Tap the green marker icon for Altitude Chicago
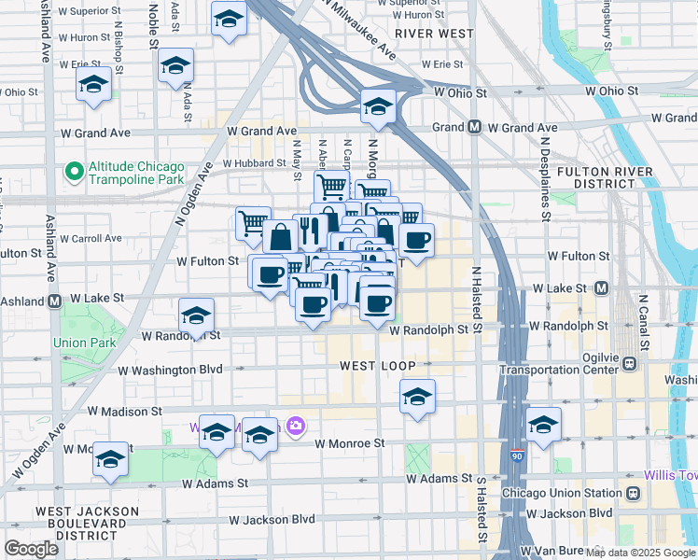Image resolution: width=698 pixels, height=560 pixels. coord(74,172)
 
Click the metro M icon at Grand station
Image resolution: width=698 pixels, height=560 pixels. coord(474,127)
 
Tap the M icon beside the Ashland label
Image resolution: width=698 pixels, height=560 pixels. coord(55,301)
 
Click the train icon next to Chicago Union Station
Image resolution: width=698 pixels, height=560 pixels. coord(633,492)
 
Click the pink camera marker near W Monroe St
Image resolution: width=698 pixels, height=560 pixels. coord(296,427)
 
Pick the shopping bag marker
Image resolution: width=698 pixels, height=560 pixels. coord(280,237)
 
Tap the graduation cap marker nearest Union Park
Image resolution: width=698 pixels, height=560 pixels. coord(196,315)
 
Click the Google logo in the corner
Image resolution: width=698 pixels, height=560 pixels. coord(31,549)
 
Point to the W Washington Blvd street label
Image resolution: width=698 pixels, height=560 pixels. coord(172,370)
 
